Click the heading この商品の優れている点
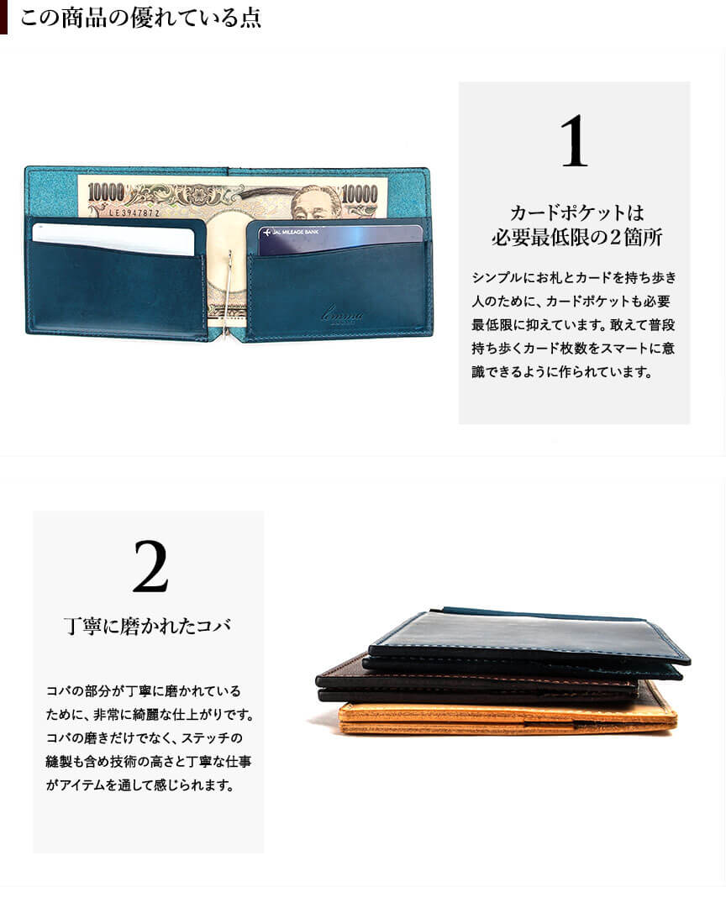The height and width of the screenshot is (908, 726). (x=141, y=18)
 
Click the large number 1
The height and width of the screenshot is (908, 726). (x=574, y=141)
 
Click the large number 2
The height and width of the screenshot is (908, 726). (x=150, y=566)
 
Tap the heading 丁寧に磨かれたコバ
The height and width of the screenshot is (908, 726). (x=147, y=626)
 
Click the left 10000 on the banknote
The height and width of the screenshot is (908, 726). (x=106, y=192)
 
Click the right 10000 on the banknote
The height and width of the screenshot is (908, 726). (x=360, y=193)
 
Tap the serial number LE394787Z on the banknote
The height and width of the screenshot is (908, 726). (x=134, y=213)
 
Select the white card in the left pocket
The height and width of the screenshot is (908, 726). (x=113, y=239)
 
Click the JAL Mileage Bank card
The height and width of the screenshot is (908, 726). (x=340, y=239)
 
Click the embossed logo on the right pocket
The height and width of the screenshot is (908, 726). (x=343, y=315)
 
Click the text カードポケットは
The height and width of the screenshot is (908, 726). (x=576, y=213)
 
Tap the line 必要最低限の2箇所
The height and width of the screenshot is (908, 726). (x=577, y=237)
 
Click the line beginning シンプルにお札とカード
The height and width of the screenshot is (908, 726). (x=574, y=277)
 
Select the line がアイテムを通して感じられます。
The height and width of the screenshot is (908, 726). (x=139, y=785)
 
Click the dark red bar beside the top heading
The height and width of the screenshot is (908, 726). (x=3, y=17)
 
